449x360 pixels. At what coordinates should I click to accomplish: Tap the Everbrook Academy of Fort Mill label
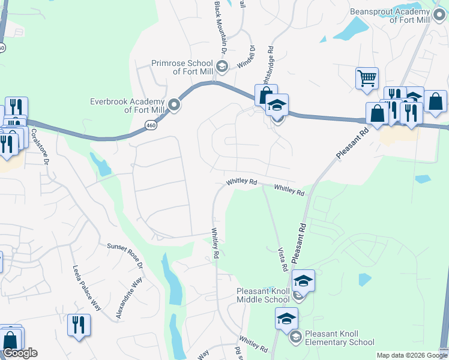pos(127,106)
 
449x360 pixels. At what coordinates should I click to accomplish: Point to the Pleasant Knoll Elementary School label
pos(339,338)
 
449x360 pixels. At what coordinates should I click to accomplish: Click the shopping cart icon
pos(367,78)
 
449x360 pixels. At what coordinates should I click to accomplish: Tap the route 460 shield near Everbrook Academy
pos(150,125)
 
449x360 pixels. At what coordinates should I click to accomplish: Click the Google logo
pos(20,353)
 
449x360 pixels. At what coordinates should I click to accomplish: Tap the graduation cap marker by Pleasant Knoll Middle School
pos(303,280)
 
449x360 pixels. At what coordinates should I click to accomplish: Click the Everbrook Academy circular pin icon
pos(175,106)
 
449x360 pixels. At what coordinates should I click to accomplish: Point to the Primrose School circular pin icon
pos(222,66)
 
